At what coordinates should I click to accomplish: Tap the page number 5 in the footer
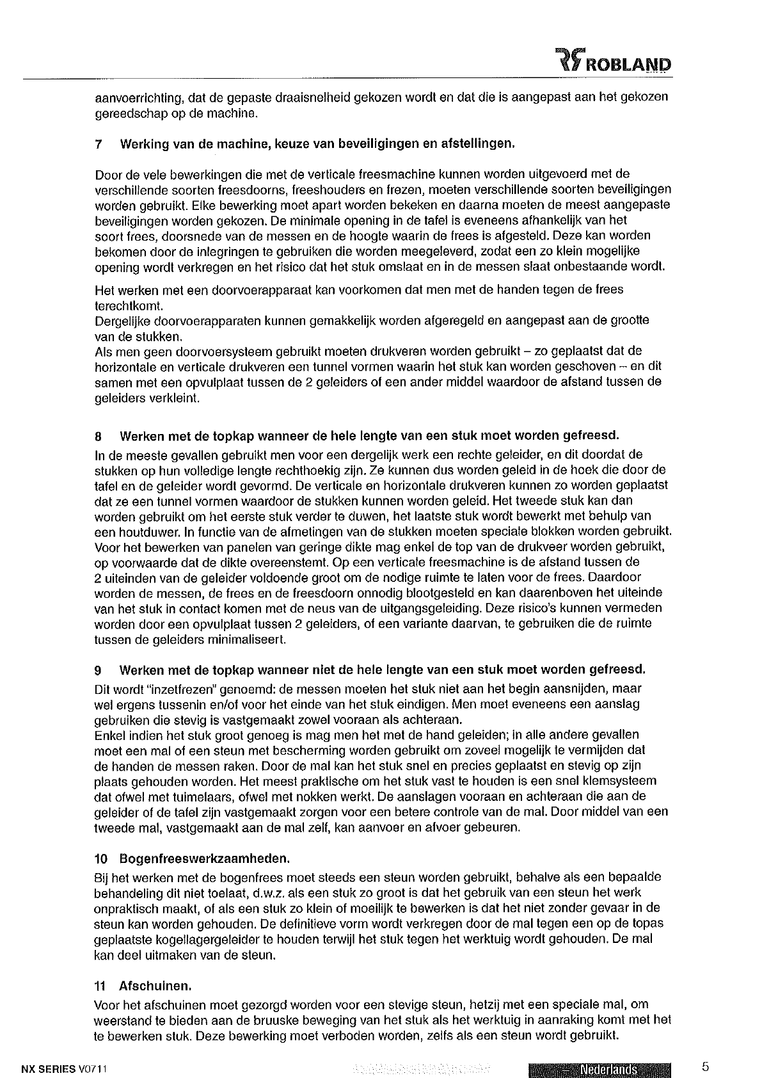coord(705,1066)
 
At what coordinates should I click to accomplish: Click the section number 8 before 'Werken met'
coord(98,438)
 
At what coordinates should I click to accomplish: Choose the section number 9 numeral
coord(98,670)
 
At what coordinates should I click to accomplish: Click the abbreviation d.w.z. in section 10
coord(286,892)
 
